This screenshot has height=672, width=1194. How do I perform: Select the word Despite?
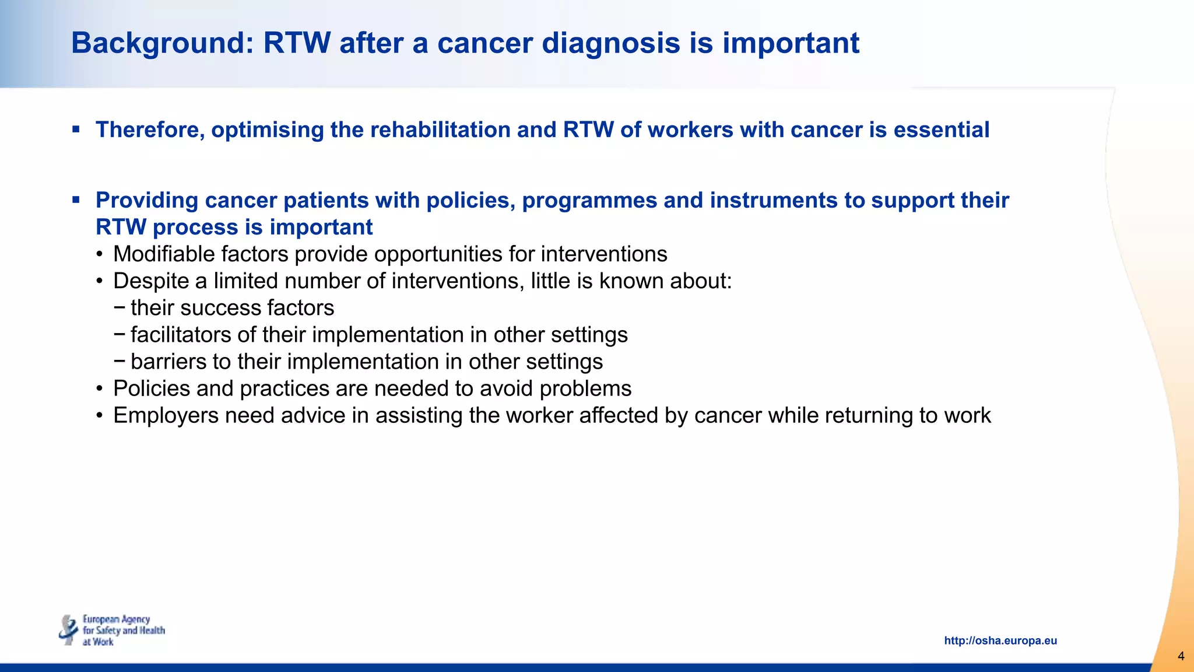(151, 281)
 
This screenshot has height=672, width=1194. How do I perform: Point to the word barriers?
(168, 362)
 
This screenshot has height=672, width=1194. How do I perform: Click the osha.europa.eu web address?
(1000, 640)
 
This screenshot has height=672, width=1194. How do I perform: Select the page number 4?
(1181, 656)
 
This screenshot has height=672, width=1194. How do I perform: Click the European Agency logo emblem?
(69, 630)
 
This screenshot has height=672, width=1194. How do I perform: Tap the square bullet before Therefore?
(76, 129)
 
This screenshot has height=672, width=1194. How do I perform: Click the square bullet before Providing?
(76, 200)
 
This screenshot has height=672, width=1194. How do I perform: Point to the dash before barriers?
(120, 361)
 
